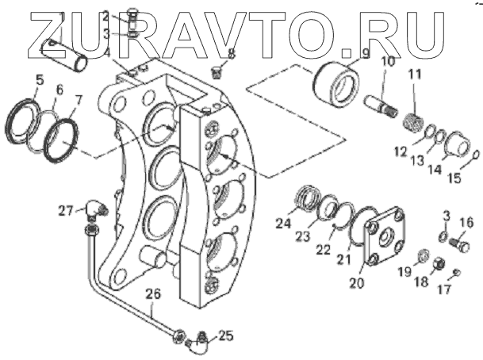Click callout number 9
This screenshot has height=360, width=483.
pos(366,54)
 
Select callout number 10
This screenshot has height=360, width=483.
pos(387,61)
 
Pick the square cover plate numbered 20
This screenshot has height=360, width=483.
pos(383,237)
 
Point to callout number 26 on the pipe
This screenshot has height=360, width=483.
pos(152,293)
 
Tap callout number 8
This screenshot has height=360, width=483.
pos(232,54)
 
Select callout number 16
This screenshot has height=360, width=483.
pos(466,221)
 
